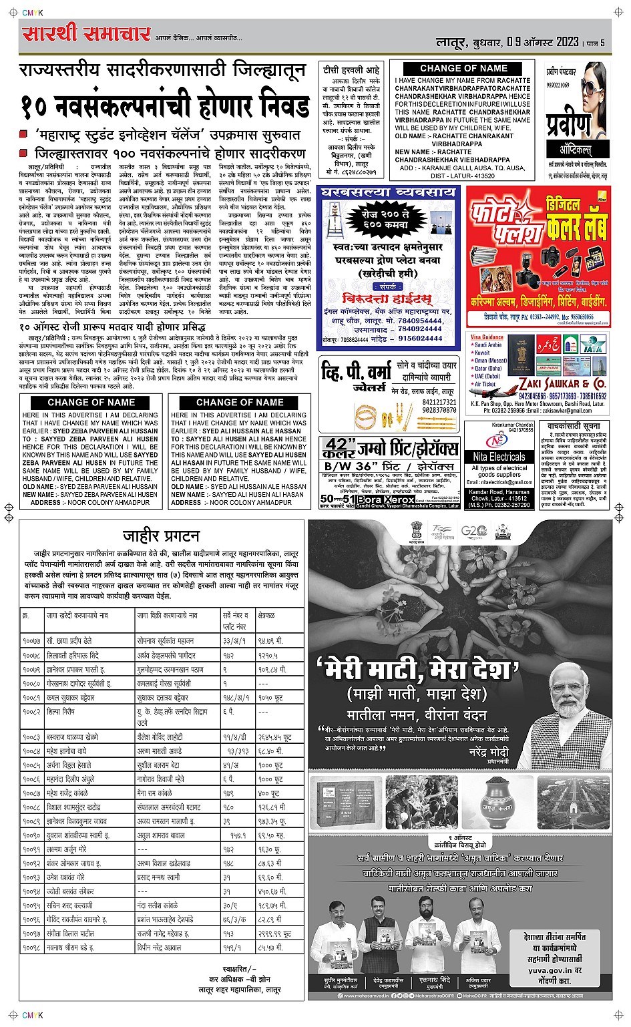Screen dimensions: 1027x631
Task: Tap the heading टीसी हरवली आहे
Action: click(x=351, y=69)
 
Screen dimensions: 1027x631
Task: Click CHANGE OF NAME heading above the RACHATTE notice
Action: click(x=463, y=68)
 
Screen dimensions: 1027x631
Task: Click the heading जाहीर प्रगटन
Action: click(x=162, y=536)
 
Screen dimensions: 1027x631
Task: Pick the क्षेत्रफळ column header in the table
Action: click(x=267, y=615)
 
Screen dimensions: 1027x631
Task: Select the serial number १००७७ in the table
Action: click(x=31, y=640)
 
